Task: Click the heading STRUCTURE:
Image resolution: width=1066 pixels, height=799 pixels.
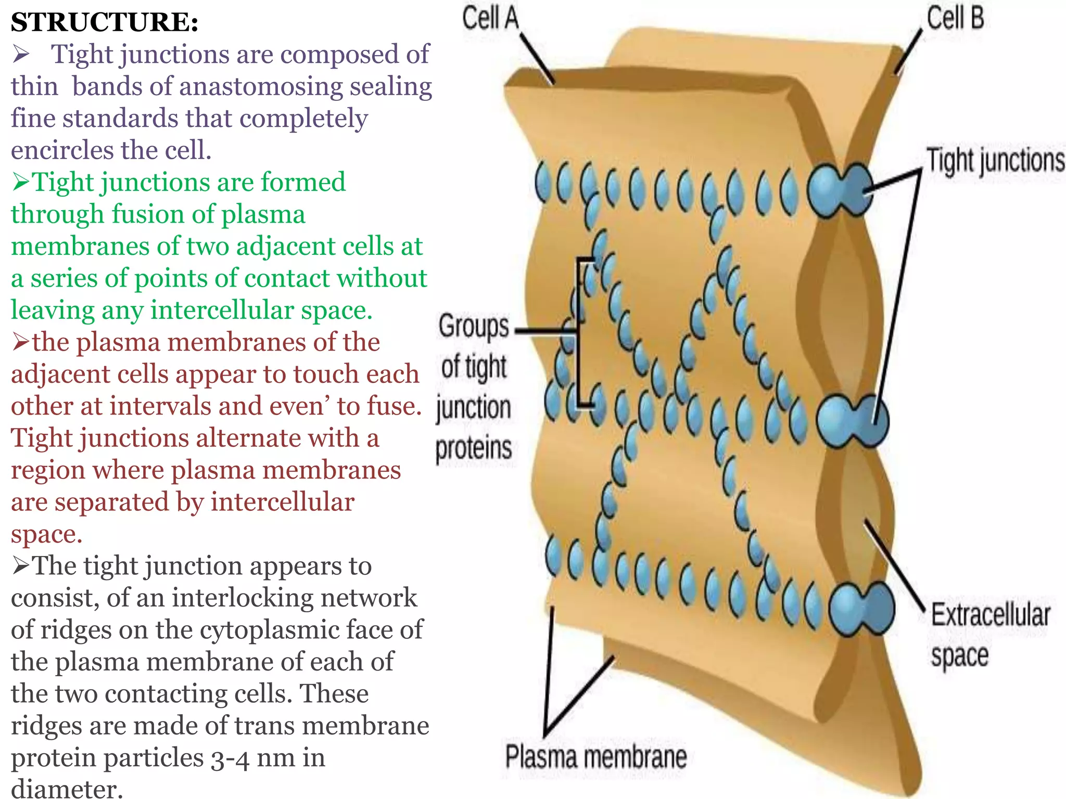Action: click(105, 22)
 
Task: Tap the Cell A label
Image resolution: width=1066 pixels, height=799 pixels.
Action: click(490, 18)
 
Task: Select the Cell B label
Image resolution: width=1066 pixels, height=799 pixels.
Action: click(956, 18)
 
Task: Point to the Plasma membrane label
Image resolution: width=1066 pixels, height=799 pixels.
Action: click(596, 756)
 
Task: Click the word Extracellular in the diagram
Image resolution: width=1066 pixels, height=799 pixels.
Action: click(990, 615)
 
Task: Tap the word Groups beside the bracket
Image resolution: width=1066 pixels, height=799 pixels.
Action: click(473, 327)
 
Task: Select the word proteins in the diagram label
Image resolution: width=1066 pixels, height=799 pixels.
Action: click(473, 448)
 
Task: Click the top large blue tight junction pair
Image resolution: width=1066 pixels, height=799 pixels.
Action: click(840, 189)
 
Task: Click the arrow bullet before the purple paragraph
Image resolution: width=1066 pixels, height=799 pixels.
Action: click(21, 54)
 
